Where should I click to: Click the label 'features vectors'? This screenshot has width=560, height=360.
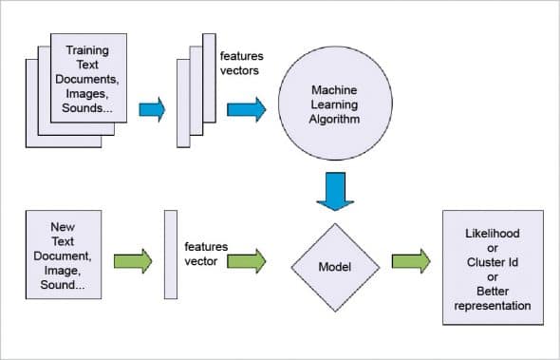pyautogui.click(x=240, y=63)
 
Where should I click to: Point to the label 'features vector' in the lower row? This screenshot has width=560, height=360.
pyautogui.click(x=206, y=253)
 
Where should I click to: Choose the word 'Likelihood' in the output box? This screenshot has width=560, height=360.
pyautogui.click(x=493, y=233)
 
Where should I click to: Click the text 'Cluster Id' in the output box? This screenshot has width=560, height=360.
pyautogui.click(x=493, y=261)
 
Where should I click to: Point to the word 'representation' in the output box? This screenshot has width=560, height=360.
pyautogui.click(x=493, y=305)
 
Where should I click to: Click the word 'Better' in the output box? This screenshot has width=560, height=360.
pyautogui.click(x=493, y=290)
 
